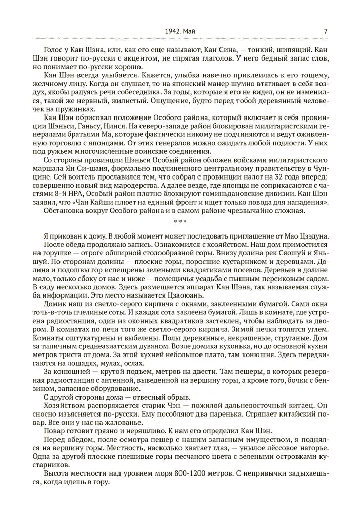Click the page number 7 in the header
pyautogui.click(x=326, y=31)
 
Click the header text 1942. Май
pyautogui.click(x=181, y=31)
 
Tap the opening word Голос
pyautogui.click(x=54, y=50)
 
